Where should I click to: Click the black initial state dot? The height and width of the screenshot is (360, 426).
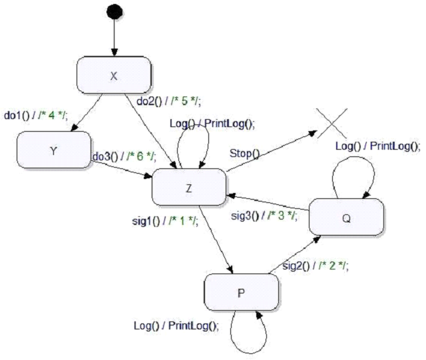(x=114, y=12)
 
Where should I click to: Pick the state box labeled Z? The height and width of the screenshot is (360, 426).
(x=189, y=187)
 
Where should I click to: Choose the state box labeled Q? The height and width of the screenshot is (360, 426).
(x=347, y=217)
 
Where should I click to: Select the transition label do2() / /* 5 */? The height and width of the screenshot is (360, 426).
(x=170, y=101)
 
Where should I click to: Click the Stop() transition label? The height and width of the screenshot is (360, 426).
(x=244, y=154)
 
